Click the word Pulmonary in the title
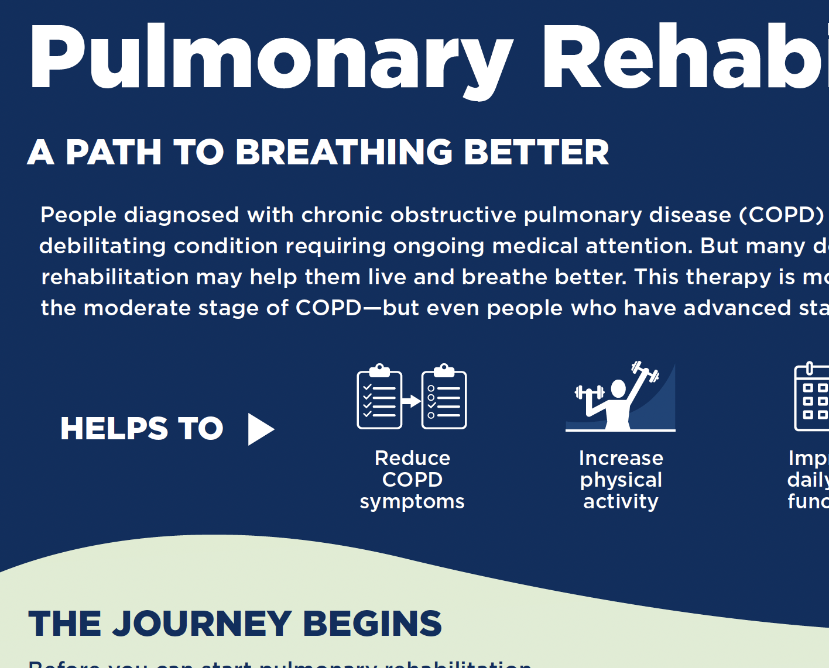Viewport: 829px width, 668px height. pyautogui.click(x=270, y=58)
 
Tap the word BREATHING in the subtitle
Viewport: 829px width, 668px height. pyautogui.click(x=344, y=152)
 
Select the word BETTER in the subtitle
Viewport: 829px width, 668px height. pyautogui.click(x=536, y=152)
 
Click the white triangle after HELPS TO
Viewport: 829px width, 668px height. pyautogui.click(x=260, y=429)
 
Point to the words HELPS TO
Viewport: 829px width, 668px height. pyautogui.click(x=142, y=428)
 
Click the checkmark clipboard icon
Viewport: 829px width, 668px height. pyautogui.click(x=379, y=397)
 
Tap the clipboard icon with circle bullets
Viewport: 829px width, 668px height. pyautogui.click(x=444, y=397)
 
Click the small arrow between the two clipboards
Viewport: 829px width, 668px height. pyautogui.click(x=411, y=401)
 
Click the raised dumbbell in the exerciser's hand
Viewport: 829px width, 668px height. pyautogui.click(x=645, y=372)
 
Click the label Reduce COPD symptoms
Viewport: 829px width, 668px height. pyautogui.click(x=412, y=480)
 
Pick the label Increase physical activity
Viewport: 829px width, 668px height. pyautogui.click(x=621, y=480)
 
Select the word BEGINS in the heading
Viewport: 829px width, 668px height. pyautogui.click(x=372, y=624)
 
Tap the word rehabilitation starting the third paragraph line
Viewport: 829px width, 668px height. pyautogui.click(x=115, y=277)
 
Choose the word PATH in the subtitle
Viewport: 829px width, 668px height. pyautogui.click(x=113, y=152)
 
